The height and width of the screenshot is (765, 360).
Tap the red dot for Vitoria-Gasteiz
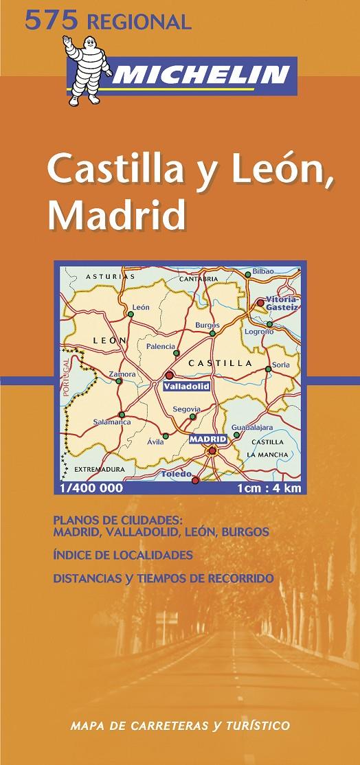coord(260,302)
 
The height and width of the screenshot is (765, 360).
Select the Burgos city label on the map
coord(207,324)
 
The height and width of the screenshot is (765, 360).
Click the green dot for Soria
coord(268,369)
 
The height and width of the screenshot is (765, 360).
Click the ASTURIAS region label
coord(104,277)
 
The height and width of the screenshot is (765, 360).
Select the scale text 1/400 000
coord(91,489)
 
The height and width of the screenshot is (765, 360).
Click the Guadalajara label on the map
coord(253,426)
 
